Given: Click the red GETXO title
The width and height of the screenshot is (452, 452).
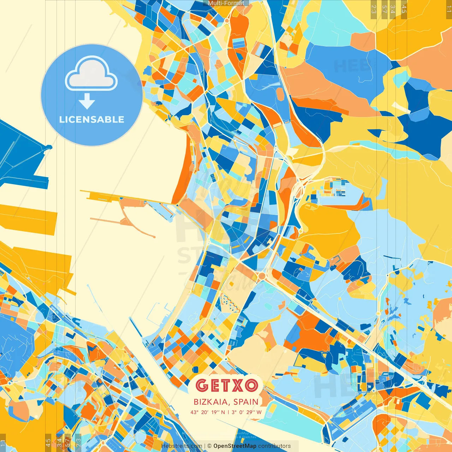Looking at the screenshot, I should tap(226, 386).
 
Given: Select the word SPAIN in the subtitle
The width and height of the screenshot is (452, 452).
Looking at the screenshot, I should tap(246, 402).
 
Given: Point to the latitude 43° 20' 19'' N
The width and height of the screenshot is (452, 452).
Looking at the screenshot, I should tap(207, 412).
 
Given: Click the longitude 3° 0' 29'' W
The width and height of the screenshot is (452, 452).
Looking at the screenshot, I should tap(247, 412).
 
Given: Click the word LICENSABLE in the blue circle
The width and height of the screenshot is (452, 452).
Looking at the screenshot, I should tap(92, 119).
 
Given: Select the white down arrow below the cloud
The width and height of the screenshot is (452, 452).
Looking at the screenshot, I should tap(87, 102).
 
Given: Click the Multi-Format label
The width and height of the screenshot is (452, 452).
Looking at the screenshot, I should tap(226, 3).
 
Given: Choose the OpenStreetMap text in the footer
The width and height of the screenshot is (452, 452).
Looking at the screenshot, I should tap(235, 446).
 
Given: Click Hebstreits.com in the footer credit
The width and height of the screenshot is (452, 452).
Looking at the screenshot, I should tap(182, 446).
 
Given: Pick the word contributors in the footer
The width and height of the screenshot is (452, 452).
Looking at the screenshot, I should tap(274, 446).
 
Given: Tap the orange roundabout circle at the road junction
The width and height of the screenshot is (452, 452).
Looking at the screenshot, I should tap(262, 276).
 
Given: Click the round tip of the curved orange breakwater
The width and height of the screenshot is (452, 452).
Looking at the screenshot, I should tap(154, 236).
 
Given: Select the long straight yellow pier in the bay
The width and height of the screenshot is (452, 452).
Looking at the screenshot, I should tap(117, 196).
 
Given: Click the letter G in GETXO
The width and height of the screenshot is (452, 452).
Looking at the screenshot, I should tap(202, 386).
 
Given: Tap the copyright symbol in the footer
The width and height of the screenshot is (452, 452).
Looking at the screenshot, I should tap(209, 446).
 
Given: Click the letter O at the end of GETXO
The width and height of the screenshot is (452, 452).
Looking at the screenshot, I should tap(251, 386).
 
